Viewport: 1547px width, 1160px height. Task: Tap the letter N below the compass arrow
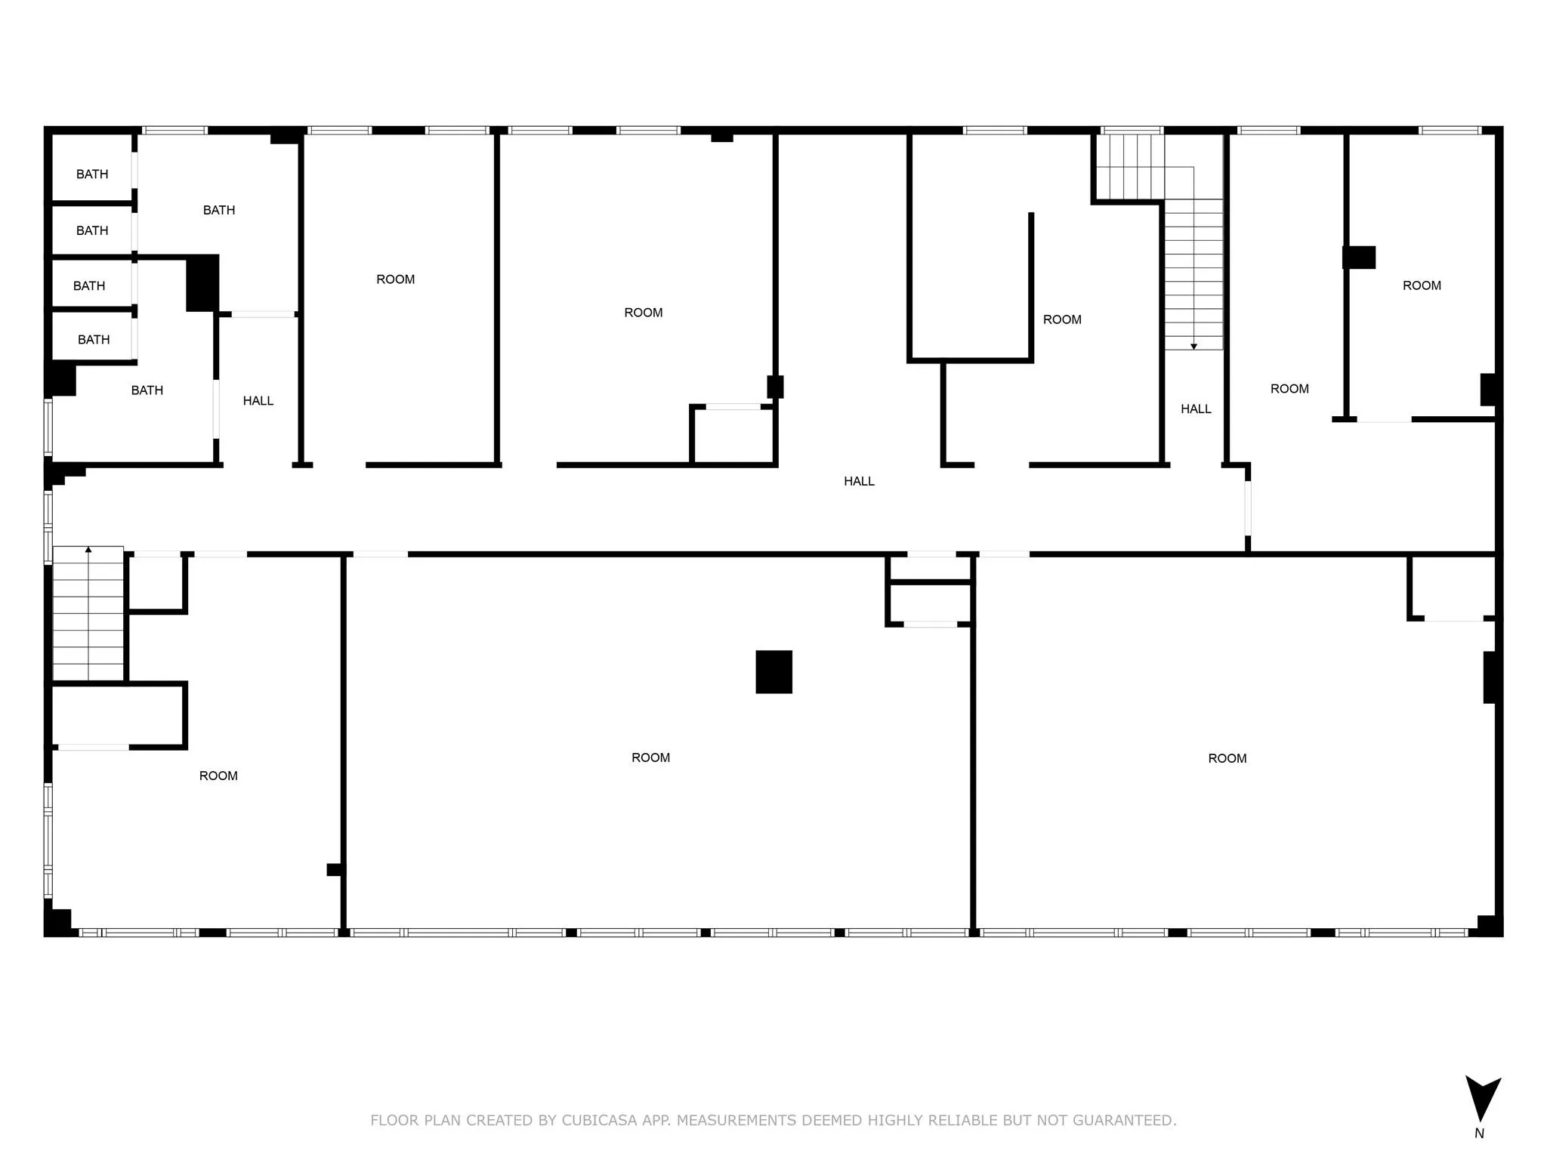tap(1479, 1134)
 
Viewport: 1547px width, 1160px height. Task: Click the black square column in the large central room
tap(773, 671)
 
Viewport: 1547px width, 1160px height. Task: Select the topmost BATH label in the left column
tap(92, 174)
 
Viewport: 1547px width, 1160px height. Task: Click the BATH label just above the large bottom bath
tap(94, 340)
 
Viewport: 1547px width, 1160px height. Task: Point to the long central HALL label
tap(859, 481)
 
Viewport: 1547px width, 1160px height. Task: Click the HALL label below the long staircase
tap(1196, 409)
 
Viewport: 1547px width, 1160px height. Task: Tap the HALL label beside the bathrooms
tap(258, 401)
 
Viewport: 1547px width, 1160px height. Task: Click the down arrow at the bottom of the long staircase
tap(1193, 346)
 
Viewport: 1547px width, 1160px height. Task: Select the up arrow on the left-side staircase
tap(88, 551)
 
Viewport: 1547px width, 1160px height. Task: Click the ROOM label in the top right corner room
tap(1422, 285)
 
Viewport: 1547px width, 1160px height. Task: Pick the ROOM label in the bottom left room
tap(218, 776)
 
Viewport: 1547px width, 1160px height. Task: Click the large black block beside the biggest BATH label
tap(202, 282)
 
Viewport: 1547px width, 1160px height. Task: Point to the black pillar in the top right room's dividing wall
tap(1358, 258)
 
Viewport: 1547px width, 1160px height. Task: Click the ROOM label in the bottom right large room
tap(1227, 758)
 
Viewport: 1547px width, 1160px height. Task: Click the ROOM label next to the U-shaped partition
tap(1062, 319)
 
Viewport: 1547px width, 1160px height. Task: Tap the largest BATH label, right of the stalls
tap(219, 210)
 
